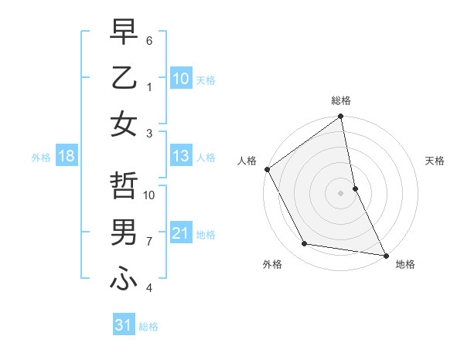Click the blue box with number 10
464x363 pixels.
tap(181, 78)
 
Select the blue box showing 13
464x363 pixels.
tap(181, 157)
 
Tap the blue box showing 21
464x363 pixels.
tap(181, 233)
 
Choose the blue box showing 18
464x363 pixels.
tap(67, 157)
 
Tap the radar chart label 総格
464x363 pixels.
tap(341, 101)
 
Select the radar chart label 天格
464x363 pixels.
tap(435, 161)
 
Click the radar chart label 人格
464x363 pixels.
tap(247, 161)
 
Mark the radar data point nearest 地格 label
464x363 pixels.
tap(384, 255)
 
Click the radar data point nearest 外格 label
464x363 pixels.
tap(305, 244)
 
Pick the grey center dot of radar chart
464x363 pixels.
tap(341, 192)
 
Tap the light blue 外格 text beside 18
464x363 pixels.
tap(41, 158)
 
